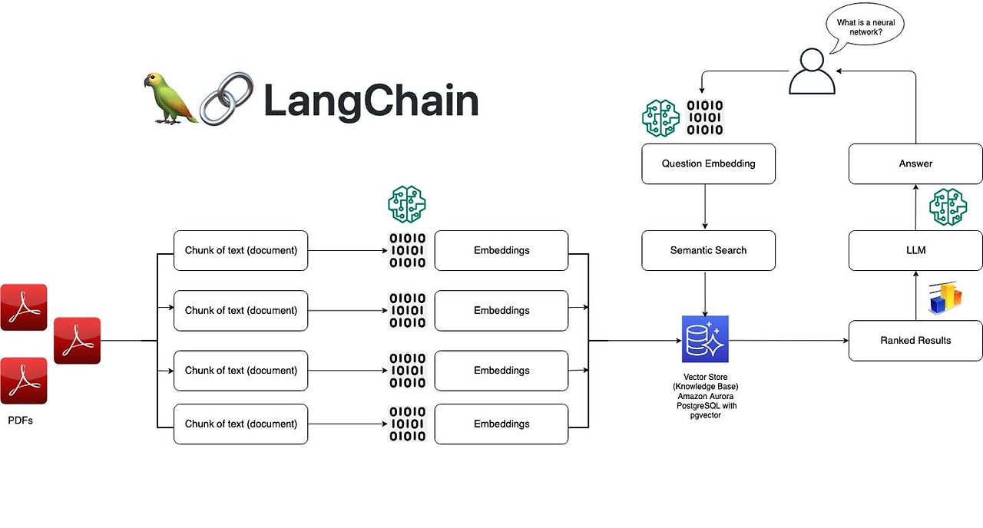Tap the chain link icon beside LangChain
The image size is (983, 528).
click(x=227, y=98)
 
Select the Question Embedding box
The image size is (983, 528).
click(x=708, y=163)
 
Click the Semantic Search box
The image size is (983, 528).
click(x=708, y=250)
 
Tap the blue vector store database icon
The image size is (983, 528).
click(x=705, y=339)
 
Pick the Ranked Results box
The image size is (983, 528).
click(x=915, y=341)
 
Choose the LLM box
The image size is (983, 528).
click(x=915, y=250)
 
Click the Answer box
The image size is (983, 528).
click(x=915, y=163)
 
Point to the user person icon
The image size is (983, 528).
click(x=812, y=71)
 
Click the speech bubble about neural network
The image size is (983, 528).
click(x=865, y=27)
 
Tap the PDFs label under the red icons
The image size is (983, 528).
click(x=20, y=421)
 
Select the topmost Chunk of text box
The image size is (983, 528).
click(x=240, y=250)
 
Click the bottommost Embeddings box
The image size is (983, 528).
click(x=501, y=424)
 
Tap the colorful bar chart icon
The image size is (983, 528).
click(x=945, y=299)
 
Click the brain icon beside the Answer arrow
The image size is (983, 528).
click(x=948, y=207)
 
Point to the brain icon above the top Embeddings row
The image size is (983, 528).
click(x=407, y=204)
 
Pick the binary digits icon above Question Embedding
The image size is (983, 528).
click(x=704, y=118)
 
